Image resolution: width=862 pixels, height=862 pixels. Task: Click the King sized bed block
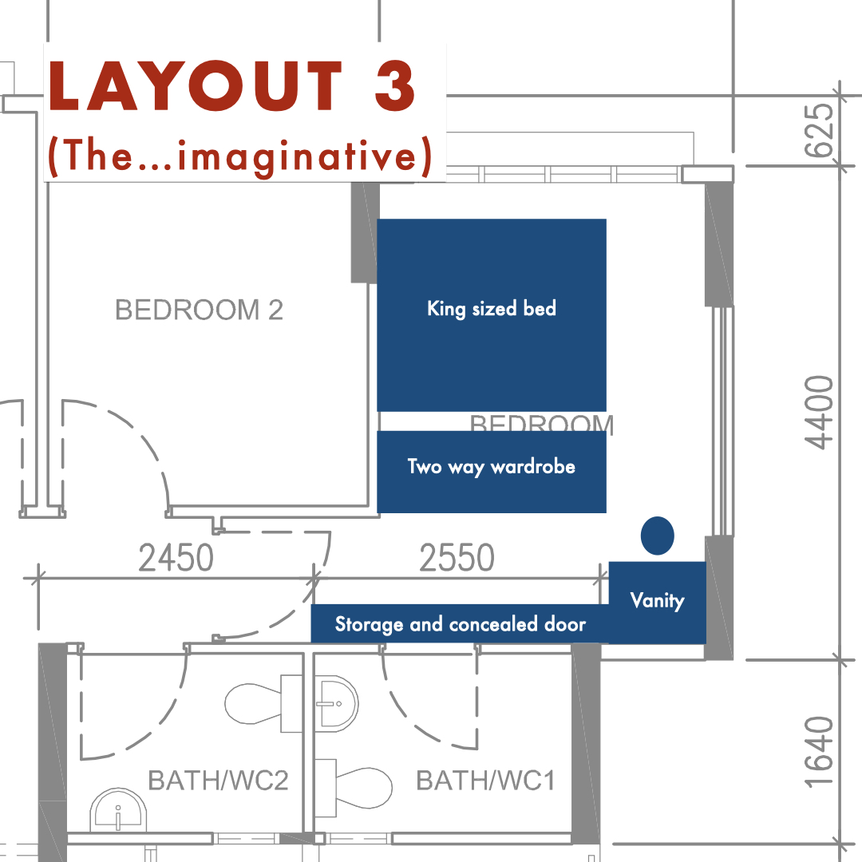pyautogui.click(x=491, y=314)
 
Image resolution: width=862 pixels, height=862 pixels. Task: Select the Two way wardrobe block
pyautogui.click(x=491, y=471)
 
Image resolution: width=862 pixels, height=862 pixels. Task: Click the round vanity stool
pyautogui.click(x=657, y=536)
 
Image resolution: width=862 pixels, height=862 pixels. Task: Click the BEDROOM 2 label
pyautogui.click(x=199, y=310)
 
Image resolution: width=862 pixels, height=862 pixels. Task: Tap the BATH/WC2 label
pyautogui.click(x=218, y=780)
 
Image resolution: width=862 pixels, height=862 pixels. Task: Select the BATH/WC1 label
pyautogui.click(x=485, y=780)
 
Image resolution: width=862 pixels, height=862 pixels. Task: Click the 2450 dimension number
pyautogui.click(x=176, y=559)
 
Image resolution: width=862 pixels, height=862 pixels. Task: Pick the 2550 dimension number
pyautogui.click(x=457, y=559)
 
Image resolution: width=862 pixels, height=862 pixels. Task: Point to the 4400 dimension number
pyautogui.click(x=819, y=413)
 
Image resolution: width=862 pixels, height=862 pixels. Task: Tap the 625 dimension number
pyautogui.click(x=819, y=130)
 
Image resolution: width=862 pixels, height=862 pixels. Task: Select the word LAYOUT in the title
pyautogui.click(x=196, y=85)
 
